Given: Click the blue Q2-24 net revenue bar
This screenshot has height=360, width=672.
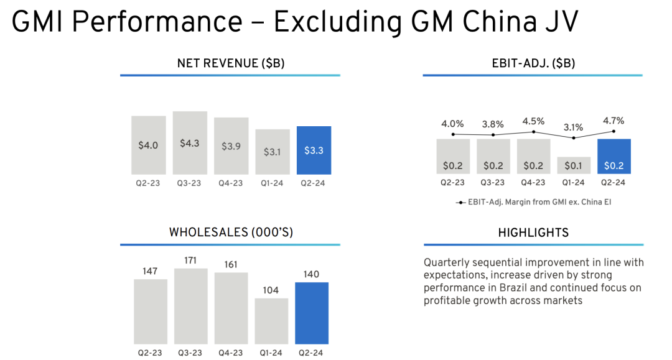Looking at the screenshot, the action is pyautogui.click(x=314, y=150).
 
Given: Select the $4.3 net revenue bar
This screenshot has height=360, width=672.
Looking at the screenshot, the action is pyautogui.click(x=190, y=143).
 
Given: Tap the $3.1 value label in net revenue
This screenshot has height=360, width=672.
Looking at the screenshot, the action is pyautogui.click(x=272, y=152).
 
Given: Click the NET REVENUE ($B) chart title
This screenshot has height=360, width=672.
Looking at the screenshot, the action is pyautogui.click(x=231, y=63).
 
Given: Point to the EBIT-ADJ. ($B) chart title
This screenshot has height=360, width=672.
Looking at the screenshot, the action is pyautogui.click(x=533, y=63).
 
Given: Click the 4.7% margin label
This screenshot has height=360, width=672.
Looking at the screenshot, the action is pyautogui.click(x=614, y=121).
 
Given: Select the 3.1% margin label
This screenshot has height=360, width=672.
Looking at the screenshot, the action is pyautogui.click(x=573, y=127).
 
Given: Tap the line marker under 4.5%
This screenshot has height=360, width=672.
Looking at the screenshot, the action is pyautogui.click(x=533, y=132).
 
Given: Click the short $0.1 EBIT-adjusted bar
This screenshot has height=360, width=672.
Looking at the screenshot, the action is pyautogui.click(x=574, y=165).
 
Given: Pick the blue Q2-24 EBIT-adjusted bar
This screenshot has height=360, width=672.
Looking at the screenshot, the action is pyautogui.click(x=614, y=156).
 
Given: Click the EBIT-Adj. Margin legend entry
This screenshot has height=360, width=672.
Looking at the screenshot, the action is pyautogui.click(x=534, y=202).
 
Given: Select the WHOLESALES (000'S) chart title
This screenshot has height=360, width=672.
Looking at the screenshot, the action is pyautogui.click(x=231, y=232).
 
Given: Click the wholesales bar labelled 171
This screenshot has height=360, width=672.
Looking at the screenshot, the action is pyautogui.click(x=191, y=306).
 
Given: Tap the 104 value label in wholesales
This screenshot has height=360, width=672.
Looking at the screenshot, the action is pyautogui.click(x=271, y=290).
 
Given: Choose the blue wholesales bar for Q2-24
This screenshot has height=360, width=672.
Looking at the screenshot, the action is pyautogui.click(x=312, y=313).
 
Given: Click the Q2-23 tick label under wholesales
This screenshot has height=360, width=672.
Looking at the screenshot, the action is pyautogui.click(x=150, y=353).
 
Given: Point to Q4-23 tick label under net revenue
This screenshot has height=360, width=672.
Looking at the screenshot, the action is pyautogui.click(x=231, y=183).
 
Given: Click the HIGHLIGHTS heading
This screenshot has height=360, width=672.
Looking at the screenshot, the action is pyautogui.click(x=533, y=233).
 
